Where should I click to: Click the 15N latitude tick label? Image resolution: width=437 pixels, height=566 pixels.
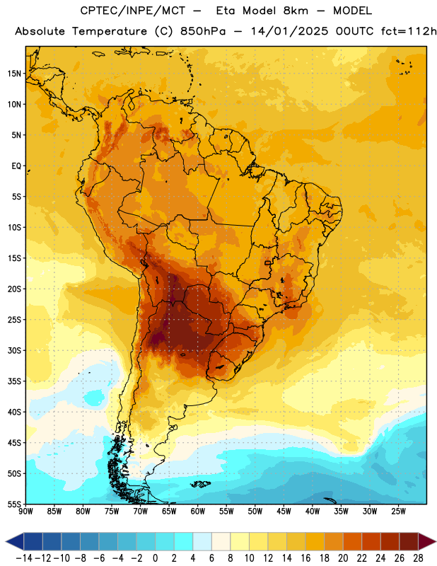(14, 74)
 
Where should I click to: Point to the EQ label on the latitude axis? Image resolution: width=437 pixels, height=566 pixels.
(16, 166)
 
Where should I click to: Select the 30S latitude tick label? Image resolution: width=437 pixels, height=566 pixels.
(14, 350)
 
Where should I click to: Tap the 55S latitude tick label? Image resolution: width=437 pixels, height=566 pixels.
(14, 504)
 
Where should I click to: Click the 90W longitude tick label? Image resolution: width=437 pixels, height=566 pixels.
(25, 512)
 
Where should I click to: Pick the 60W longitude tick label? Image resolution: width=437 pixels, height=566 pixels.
(198, 512)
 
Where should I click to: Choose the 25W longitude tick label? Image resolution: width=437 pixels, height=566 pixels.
(398, 512)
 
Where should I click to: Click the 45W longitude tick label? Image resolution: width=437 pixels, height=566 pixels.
(284, 512)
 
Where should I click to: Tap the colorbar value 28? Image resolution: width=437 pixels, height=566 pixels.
(418, 558)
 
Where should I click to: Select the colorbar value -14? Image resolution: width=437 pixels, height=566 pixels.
(24, 558)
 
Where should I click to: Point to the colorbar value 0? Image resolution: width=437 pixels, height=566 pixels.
(155, 558)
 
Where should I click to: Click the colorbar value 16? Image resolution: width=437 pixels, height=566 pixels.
(305, 558)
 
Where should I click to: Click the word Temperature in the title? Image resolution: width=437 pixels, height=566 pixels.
(110, 31)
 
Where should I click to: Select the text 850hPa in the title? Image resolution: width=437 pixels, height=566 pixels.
(203, 31)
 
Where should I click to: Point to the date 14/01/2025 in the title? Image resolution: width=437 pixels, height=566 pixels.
(290, 31)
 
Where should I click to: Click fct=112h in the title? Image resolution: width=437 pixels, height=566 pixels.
(409, 31)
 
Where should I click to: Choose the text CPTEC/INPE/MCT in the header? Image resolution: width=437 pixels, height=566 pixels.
(132, 11)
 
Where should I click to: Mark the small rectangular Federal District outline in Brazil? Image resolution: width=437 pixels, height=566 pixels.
(268, 262)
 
